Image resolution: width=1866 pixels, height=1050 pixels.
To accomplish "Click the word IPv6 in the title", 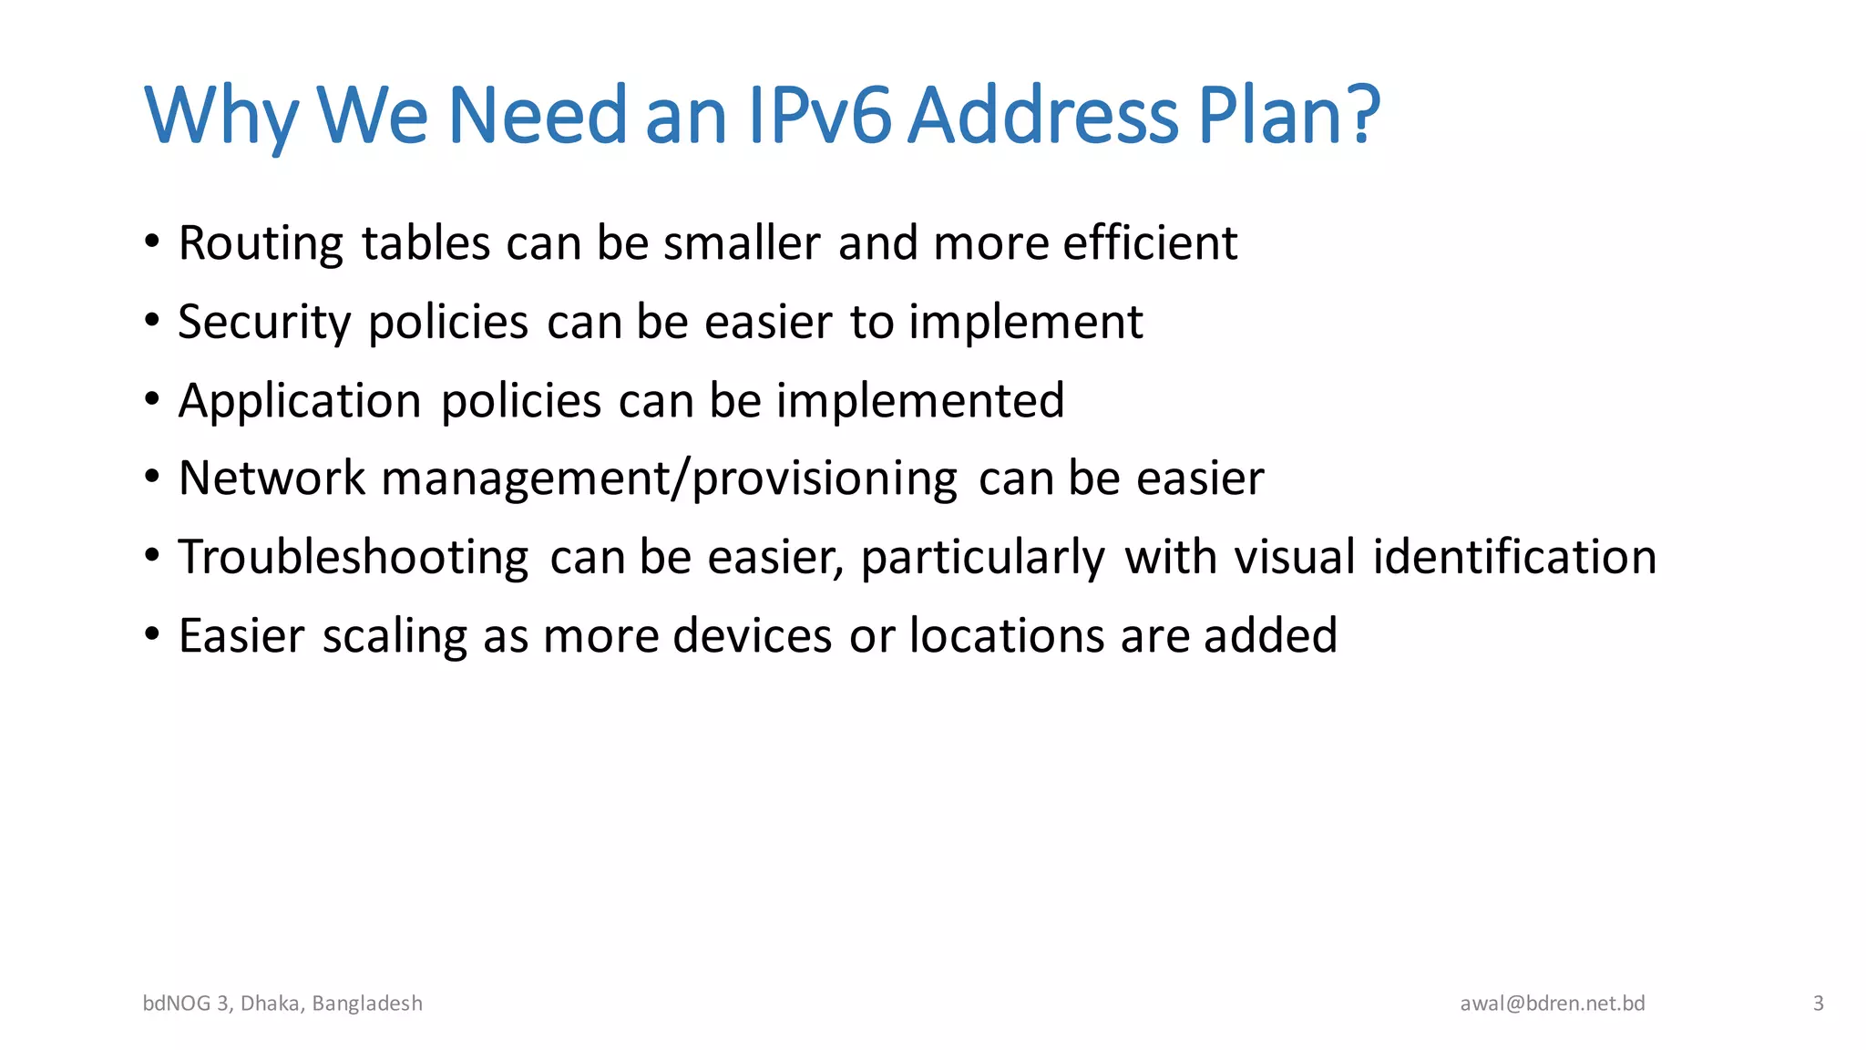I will pyautogui.click(x=818, y=116).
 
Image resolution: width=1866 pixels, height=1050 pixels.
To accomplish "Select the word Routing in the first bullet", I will pyautogui.click(x=261, y=244).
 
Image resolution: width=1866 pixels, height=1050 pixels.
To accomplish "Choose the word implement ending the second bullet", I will pyautogui.click(x=1025, y=323).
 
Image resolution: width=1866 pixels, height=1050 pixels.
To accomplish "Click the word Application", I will pyautogui.click(x=300, y=401).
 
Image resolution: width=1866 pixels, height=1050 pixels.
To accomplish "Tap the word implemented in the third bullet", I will pyautogui.click(x=920, y=401).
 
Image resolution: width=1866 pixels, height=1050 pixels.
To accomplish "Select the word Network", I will pyautogui.click(x=272, y=479).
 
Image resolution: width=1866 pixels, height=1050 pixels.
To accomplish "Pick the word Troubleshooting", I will pyautogui.click(x=354, y=558).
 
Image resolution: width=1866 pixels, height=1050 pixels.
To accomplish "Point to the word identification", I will pyautogui.click(x=1514, y=557).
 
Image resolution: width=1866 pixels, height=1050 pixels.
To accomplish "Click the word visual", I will pyautogui.click(x=1295, y=557).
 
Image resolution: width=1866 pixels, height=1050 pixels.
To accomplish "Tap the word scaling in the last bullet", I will pyautogui.click(x=395, y=636).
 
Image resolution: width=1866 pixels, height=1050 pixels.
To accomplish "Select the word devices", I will pyautogui.click(x=753, y=635).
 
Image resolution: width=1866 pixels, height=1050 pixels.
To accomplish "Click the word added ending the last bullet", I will pyautogui.click(x=1270, y=635).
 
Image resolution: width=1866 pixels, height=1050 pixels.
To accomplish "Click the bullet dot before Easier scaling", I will pyautogui.click(x=152, y=633).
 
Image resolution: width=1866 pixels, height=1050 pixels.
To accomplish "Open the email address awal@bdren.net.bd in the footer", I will pyautogui.click(x=1553, y=1004).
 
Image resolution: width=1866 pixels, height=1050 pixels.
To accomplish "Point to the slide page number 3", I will pyautogui.click(x=1818, y=1004).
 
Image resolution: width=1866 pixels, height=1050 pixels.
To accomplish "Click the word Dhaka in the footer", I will pyautogui.click(x=270, y=1004).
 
